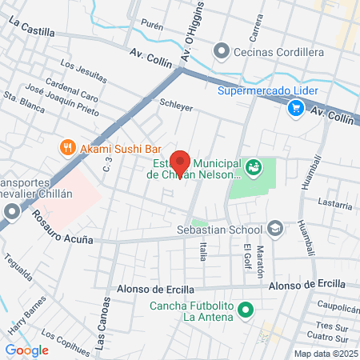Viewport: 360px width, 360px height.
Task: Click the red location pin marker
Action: point(180,162)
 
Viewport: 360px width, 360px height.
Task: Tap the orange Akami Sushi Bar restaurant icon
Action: point(68,147)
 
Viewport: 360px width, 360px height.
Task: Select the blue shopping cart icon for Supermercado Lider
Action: point(295,106)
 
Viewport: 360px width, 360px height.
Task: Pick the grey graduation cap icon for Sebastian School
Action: point(275,229)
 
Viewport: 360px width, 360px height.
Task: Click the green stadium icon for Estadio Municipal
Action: point(254,167)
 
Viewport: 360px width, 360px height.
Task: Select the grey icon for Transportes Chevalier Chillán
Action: point(11,212)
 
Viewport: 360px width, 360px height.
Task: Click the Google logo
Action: point(27,350)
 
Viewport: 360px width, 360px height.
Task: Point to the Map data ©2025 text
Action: point(325,354)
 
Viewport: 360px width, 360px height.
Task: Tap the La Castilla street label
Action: point(32,29)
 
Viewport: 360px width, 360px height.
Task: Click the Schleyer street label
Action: point(177,104)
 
